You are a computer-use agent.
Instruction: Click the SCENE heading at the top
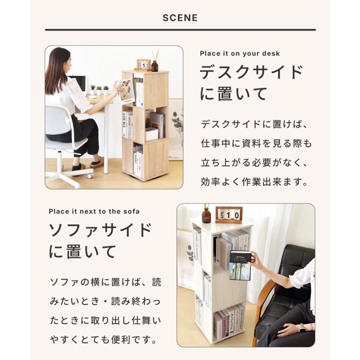[x=180, y=18]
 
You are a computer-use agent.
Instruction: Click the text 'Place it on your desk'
[x=240, y=54]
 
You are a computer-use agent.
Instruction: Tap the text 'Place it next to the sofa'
[x=94, y=211]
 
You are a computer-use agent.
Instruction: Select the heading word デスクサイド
[x=252, y=73]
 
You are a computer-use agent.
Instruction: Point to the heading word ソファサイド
[x=100, y=231]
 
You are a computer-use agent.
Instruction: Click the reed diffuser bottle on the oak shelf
[x=154, y=65]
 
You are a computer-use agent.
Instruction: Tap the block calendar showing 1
[x=143, y=64]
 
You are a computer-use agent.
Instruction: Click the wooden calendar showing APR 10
[x=228, y=215]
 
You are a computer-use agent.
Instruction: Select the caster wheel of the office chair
[x=90, y=175]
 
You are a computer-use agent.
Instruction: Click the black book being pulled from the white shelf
[x=240, y=265]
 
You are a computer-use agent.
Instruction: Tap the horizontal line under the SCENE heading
[x=180, y=30]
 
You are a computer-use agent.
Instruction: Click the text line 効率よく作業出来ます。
[x=254, y=182]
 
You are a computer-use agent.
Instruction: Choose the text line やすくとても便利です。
[x=103, y=341]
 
